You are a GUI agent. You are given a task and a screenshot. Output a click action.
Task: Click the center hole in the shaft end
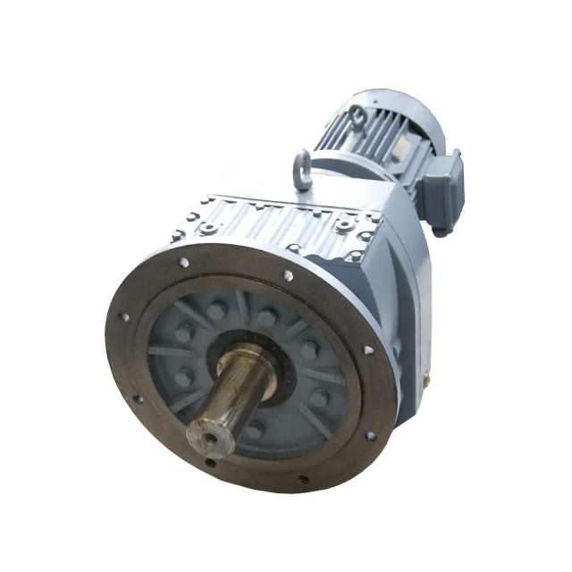pyautogui.click(x=206, y=437)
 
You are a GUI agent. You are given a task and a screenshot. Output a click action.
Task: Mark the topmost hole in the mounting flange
pyautogui.click(x=289, y=275)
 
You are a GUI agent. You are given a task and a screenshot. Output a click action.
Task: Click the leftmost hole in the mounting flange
pyautogui.click(x=123, y=317)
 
